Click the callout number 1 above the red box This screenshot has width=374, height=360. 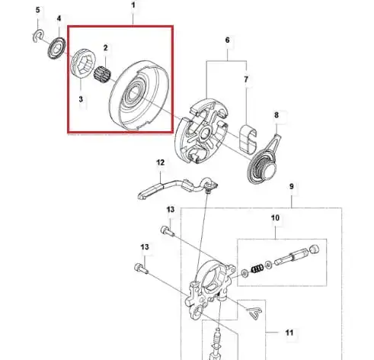(x=133, y=5)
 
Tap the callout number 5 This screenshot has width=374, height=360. (x=38, y=10)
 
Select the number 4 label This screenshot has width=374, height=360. (x=59, y=18)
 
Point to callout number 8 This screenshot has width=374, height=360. (x=277, y=115)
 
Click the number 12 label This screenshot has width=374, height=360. (x=160, y=162)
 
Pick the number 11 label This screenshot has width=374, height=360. (x=289, y=333)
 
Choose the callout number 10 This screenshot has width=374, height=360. (x=275, y=218)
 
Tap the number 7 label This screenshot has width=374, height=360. (x=246, y=79)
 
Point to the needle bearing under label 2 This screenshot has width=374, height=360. (x=102, y=73)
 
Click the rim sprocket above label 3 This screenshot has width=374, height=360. (x=83, y=63)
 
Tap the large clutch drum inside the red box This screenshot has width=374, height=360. (x=139, y=95)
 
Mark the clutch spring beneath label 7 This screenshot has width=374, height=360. (x=248, y=139)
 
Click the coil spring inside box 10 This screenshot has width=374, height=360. (x=257, y=268)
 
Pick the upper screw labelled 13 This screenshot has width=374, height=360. (x=168, y=231)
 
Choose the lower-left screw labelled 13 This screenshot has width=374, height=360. (x=141, y=268)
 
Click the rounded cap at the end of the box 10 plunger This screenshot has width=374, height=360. (x=315, y=249)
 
